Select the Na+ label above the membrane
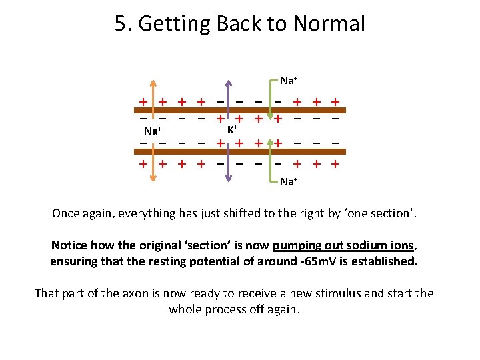(x=289, y=81)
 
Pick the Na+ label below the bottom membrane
(x=289, y=181)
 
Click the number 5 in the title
(x=121, y=25)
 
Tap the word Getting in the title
(x=172, y=25)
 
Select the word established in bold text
(x=381, y=261)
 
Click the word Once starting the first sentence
(x=67, y=214)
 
